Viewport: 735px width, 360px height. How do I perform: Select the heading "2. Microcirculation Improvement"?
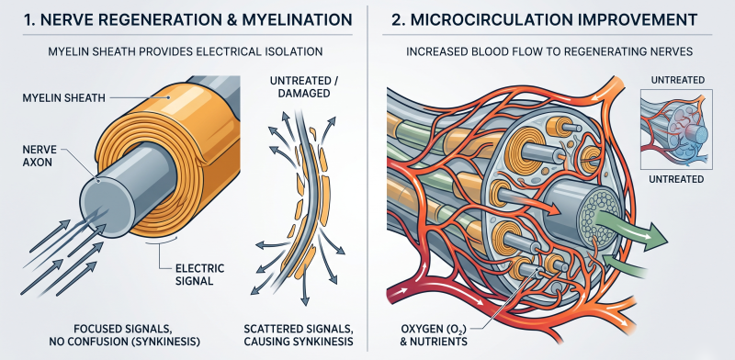[544, 19]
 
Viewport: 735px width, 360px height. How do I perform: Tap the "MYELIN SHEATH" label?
[63, 98]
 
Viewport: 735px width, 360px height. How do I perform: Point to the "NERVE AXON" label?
[40, 155]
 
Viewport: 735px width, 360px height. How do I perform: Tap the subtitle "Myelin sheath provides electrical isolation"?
[186, 51]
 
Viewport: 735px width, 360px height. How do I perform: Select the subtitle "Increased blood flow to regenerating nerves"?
[549, 51]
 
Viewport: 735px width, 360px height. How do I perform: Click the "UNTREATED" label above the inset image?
[677, 80]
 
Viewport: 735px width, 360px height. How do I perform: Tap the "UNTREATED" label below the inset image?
[676, 179]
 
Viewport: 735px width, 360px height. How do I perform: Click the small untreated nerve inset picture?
[676, 129]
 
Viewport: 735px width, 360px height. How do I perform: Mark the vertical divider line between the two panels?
[367, 178]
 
